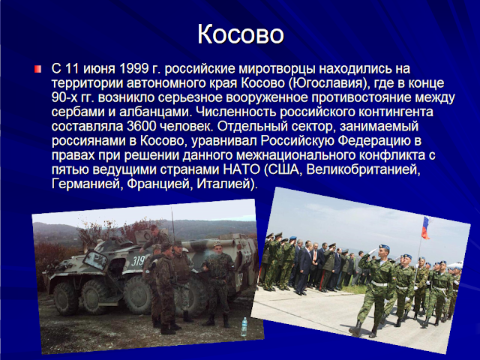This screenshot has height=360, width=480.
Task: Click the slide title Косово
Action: coord(241,34)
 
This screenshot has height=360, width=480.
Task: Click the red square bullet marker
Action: coord(37,69)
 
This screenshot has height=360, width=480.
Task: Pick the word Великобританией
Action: coord(363,169)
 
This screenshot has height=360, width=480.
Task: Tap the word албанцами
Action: coord(155,112)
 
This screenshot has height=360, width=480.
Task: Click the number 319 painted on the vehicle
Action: coord(138,261)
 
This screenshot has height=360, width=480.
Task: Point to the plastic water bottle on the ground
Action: coord(244,326)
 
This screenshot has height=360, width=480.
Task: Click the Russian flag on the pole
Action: coord(426,227)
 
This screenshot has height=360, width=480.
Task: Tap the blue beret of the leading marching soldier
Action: coord(384,246)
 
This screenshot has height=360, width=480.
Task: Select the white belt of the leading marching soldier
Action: coord(379,283)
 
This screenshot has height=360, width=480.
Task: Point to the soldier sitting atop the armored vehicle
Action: coord(154,237)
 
